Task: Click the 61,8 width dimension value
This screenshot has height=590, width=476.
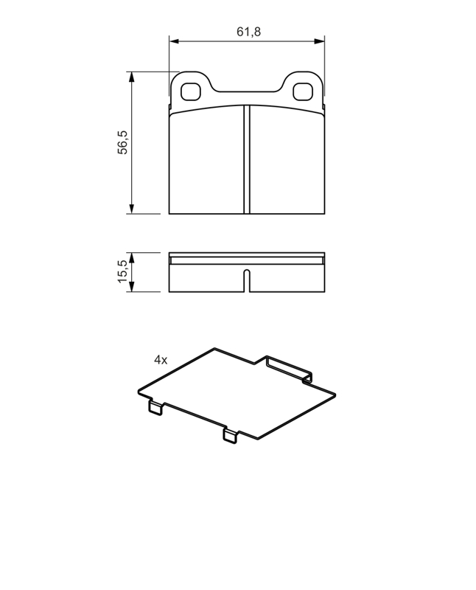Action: (248, 32)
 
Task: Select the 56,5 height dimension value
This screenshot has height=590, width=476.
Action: (123, 142)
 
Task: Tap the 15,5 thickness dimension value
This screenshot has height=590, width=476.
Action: (123, 271)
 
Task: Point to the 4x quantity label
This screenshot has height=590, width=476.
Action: (161, 360)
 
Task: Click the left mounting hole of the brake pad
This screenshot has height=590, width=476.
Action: (190, 91)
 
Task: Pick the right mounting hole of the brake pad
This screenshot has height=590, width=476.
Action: (303, 91)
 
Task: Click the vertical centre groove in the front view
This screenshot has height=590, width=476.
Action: (247, 159)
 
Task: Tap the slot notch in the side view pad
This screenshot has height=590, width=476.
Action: (247, 281)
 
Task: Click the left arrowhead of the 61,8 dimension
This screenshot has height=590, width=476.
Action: (174, 41)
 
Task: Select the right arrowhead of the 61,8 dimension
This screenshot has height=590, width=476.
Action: (320, 41)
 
